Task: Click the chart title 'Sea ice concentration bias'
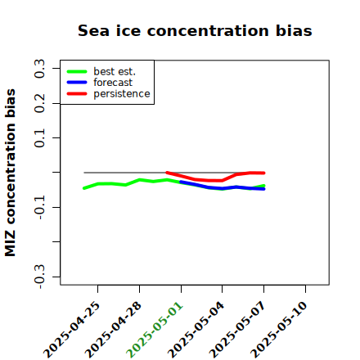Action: click(x=195, y=30)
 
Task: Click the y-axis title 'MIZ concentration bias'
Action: click(x=11, y=173)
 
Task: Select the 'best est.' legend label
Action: click(x=115, y=71)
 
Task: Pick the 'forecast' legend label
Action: click(x=113, y=83)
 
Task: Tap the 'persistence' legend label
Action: click(x=122, y=94)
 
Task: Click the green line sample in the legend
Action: click(x=77, y=72)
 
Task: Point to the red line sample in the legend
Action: click(x=77, y=94)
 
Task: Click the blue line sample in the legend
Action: click(x=77, y=83)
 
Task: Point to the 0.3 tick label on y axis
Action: click(x=39, y=69)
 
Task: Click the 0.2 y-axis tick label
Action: click(x=39, y=103)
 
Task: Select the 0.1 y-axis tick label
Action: click(x=39, y=138)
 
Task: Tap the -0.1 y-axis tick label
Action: click(x=39, y=207)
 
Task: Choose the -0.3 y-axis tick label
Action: click(x=39, y=277)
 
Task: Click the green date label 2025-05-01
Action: click(x=155, y=330)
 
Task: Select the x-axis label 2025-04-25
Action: click(x=71, y=330)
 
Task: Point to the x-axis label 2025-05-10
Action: click(x=279, y=330)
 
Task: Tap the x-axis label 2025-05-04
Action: click(x=196, y=330)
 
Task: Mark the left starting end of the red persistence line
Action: click(x=167, y=173)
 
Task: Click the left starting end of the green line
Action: click(x=84, y=188)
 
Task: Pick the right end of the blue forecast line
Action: click(x=264, y=189)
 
